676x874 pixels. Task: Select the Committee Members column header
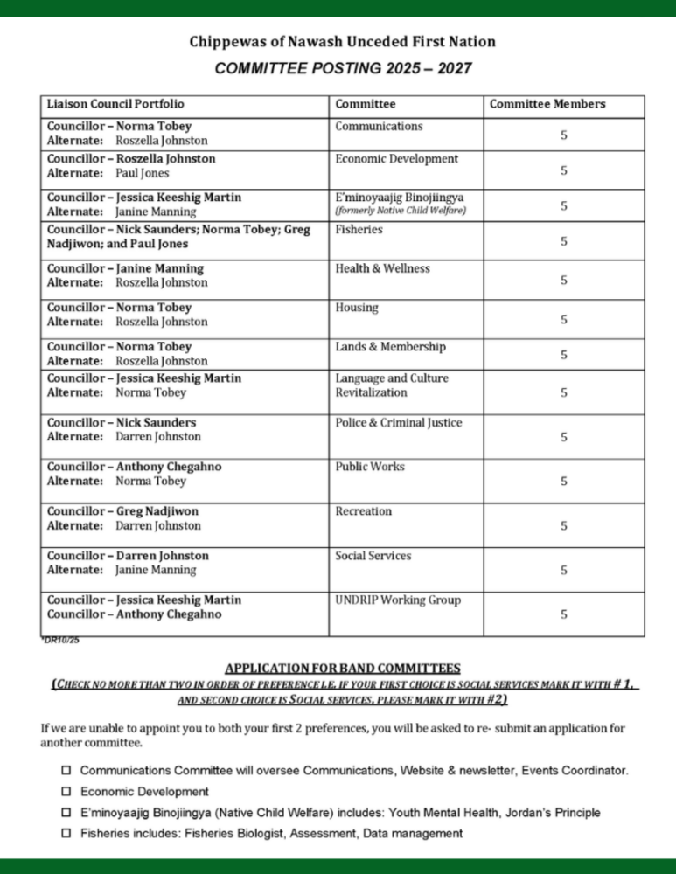pos(547,104)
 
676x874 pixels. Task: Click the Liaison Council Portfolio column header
pos(115,104)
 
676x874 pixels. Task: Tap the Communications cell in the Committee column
pos(379,127)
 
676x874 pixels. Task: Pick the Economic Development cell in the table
pos(396,159)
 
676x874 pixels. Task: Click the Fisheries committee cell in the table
pos(359,230)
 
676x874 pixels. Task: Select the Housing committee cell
pos(357,308)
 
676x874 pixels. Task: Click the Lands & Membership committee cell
pos(390,347)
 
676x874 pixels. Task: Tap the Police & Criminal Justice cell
pos(399,423)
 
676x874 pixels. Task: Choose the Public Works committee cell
pos(370,467)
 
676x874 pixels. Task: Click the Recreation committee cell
pos(363,511)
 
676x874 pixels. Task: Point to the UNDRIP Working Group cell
pos(398,600)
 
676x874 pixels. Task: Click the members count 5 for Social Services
pos(564,570)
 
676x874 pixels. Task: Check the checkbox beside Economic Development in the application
pos(66,792)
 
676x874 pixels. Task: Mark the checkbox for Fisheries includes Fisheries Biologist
pos(66,834)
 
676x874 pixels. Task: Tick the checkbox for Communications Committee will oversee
pos(66,771)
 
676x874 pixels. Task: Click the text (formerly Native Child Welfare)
pos(401,211)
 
